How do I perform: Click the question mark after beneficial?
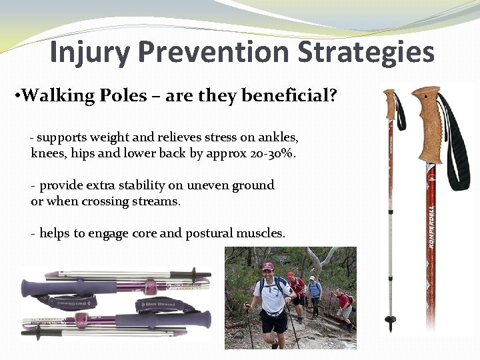click(x=333, y=96)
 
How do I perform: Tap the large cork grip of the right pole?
click(x=427, y=123)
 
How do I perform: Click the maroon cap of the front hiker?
click(x=268, y=267)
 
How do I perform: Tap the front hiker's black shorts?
click(x=273, y=322)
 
